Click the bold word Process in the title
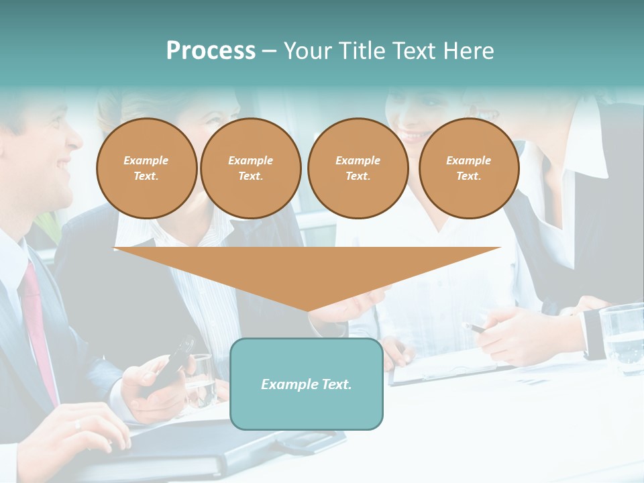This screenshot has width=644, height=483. tap(211, 51)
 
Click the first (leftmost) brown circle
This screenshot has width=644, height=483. tap(146, 168)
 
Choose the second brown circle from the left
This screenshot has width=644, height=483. tap(250, 168)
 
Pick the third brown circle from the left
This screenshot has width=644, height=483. tap(358, 168)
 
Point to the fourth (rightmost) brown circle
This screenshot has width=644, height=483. tap(468, 168)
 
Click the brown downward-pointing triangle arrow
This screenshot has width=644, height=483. tap(307, 272)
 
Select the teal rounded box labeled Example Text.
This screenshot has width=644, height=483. tap(307, 384)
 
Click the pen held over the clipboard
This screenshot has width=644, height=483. tap(476, 328)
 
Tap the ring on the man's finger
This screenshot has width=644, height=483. tap(78, 424)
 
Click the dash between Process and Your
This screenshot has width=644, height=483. tap(270, 52)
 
